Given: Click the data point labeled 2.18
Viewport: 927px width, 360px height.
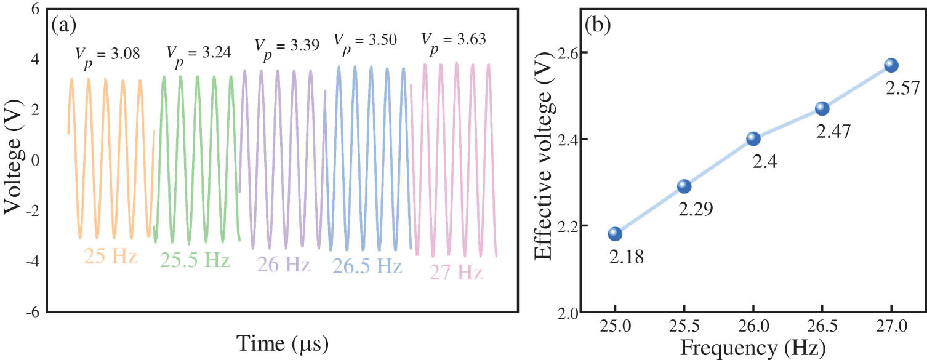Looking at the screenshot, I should [615, 234].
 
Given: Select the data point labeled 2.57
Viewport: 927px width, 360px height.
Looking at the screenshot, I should [891, 65].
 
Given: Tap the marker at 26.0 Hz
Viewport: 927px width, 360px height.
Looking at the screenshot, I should [753, 138].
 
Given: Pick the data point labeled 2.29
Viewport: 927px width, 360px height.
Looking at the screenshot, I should [684, 186].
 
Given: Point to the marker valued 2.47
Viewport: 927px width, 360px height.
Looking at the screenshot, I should [822, 108].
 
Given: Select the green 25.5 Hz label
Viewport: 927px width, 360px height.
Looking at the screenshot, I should [195, 260].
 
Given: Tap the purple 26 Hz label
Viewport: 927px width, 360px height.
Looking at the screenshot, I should [282, 265].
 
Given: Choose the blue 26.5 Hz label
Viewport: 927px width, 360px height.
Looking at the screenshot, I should [367, 266].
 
